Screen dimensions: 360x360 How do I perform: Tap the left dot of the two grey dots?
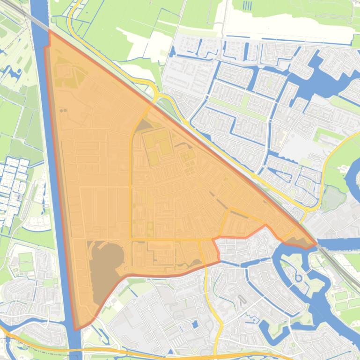[61, 111]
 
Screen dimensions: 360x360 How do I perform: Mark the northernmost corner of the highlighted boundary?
[49, 31]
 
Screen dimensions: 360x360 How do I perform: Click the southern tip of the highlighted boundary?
[76, 329]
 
